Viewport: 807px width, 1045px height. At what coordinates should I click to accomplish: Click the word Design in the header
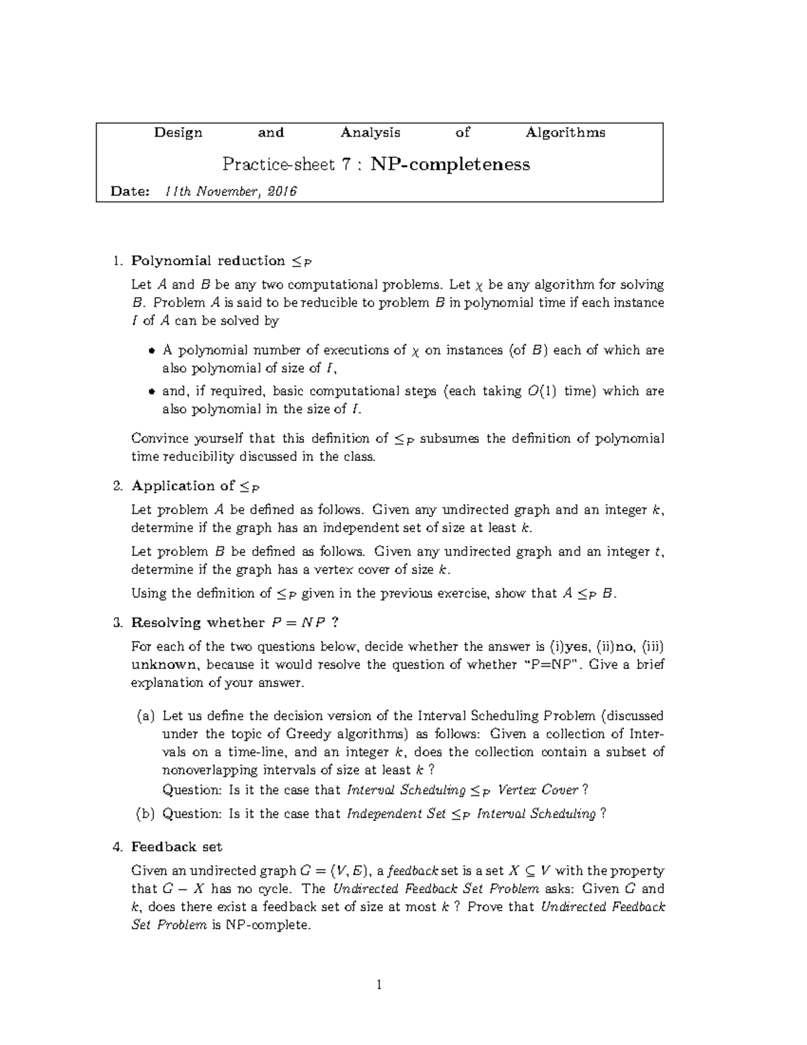click(178, 133)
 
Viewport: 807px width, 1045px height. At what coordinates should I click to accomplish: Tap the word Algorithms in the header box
click(565, 133)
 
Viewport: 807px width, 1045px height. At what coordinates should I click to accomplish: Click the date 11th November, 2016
click(230, 191)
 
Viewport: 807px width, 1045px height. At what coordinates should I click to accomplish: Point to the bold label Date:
click(130, 191)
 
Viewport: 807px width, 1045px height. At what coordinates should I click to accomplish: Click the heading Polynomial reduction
click(208, 261)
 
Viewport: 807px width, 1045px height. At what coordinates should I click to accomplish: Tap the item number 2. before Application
click(118, 486)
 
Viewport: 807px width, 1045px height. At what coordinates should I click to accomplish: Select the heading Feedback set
click(176, 846)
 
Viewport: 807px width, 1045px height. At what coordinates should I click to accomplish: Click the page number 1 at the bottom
click(379, 985)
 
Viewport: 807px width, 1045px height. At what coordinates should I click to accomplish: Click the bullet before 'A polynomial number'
click(151, 351)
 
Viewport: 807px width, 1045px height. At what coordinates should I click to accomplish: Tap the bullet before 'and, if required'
click(151, 392)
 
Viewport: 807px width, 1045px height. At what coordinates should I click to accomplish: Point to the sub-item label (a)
click(145, 716)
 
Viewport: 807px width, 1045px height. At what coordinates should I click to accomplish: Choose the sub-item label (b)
click(145, 814)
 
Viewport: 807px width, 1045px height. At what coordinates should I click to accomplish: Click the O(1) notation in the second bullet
click(539, 391)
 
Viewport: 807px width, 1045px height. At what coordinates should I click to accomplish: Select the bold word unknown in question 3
click(164, 665)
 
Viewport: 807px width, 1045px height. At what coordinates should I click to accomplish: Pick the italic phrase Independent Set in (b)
click(396, 814)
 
